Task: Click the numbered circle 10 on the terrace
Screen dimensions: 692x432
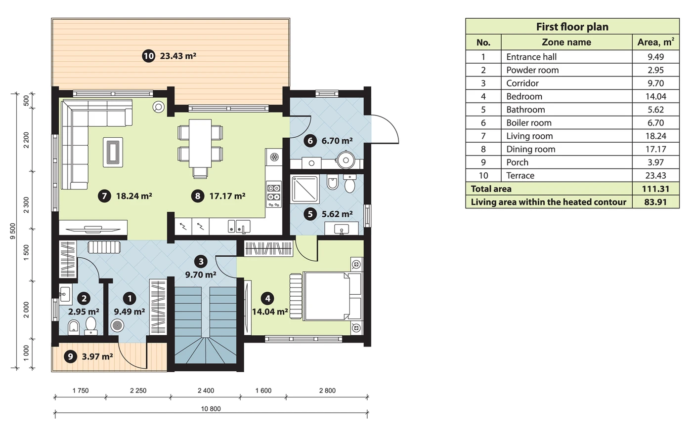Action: click(149, 56)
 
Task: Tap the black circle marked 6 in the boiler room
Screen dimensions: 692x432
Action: click(310, 141)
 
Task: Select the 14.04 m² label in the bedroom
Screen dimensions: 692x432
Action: click(270, 312)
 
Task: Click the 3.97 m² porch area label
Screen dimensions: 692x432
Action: click(97, 356)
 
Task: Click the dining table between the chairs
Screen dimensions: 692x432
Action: click(200, 144)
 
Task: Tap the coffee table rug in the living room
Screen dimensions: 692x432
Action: click(113, 152)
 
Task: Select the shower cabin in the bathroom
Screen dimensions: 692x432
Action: click(304, 189)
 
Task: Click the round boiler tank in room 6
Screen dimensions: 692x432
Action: click(346, 160)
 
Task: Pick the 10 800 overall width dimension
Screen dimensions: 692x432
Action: click(211, 409)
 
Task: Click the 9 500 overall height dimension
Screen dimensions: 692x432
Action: click(13, 231)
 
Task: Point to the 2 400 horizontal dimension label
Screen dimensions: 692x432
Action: click(206, 391)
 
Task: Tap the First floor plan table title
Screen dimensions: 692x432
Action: click(572, 27)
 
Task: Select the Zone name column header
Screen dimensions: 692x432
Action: click(566, 42)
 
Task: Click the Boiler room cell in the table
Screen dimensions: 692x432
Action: click(528, 123)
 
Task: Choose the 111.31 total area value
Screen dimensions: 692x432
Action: click(655, 189)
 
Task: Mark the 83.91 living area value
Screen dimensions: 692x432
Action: click(655, 202)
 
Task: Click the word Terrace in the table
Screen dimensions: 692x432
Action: click(520, 176)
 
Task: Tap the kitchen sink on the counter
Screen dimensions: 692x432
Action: click(239, 226)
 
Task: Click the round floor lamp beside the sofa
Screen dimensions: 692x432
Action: click(159, 107)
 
